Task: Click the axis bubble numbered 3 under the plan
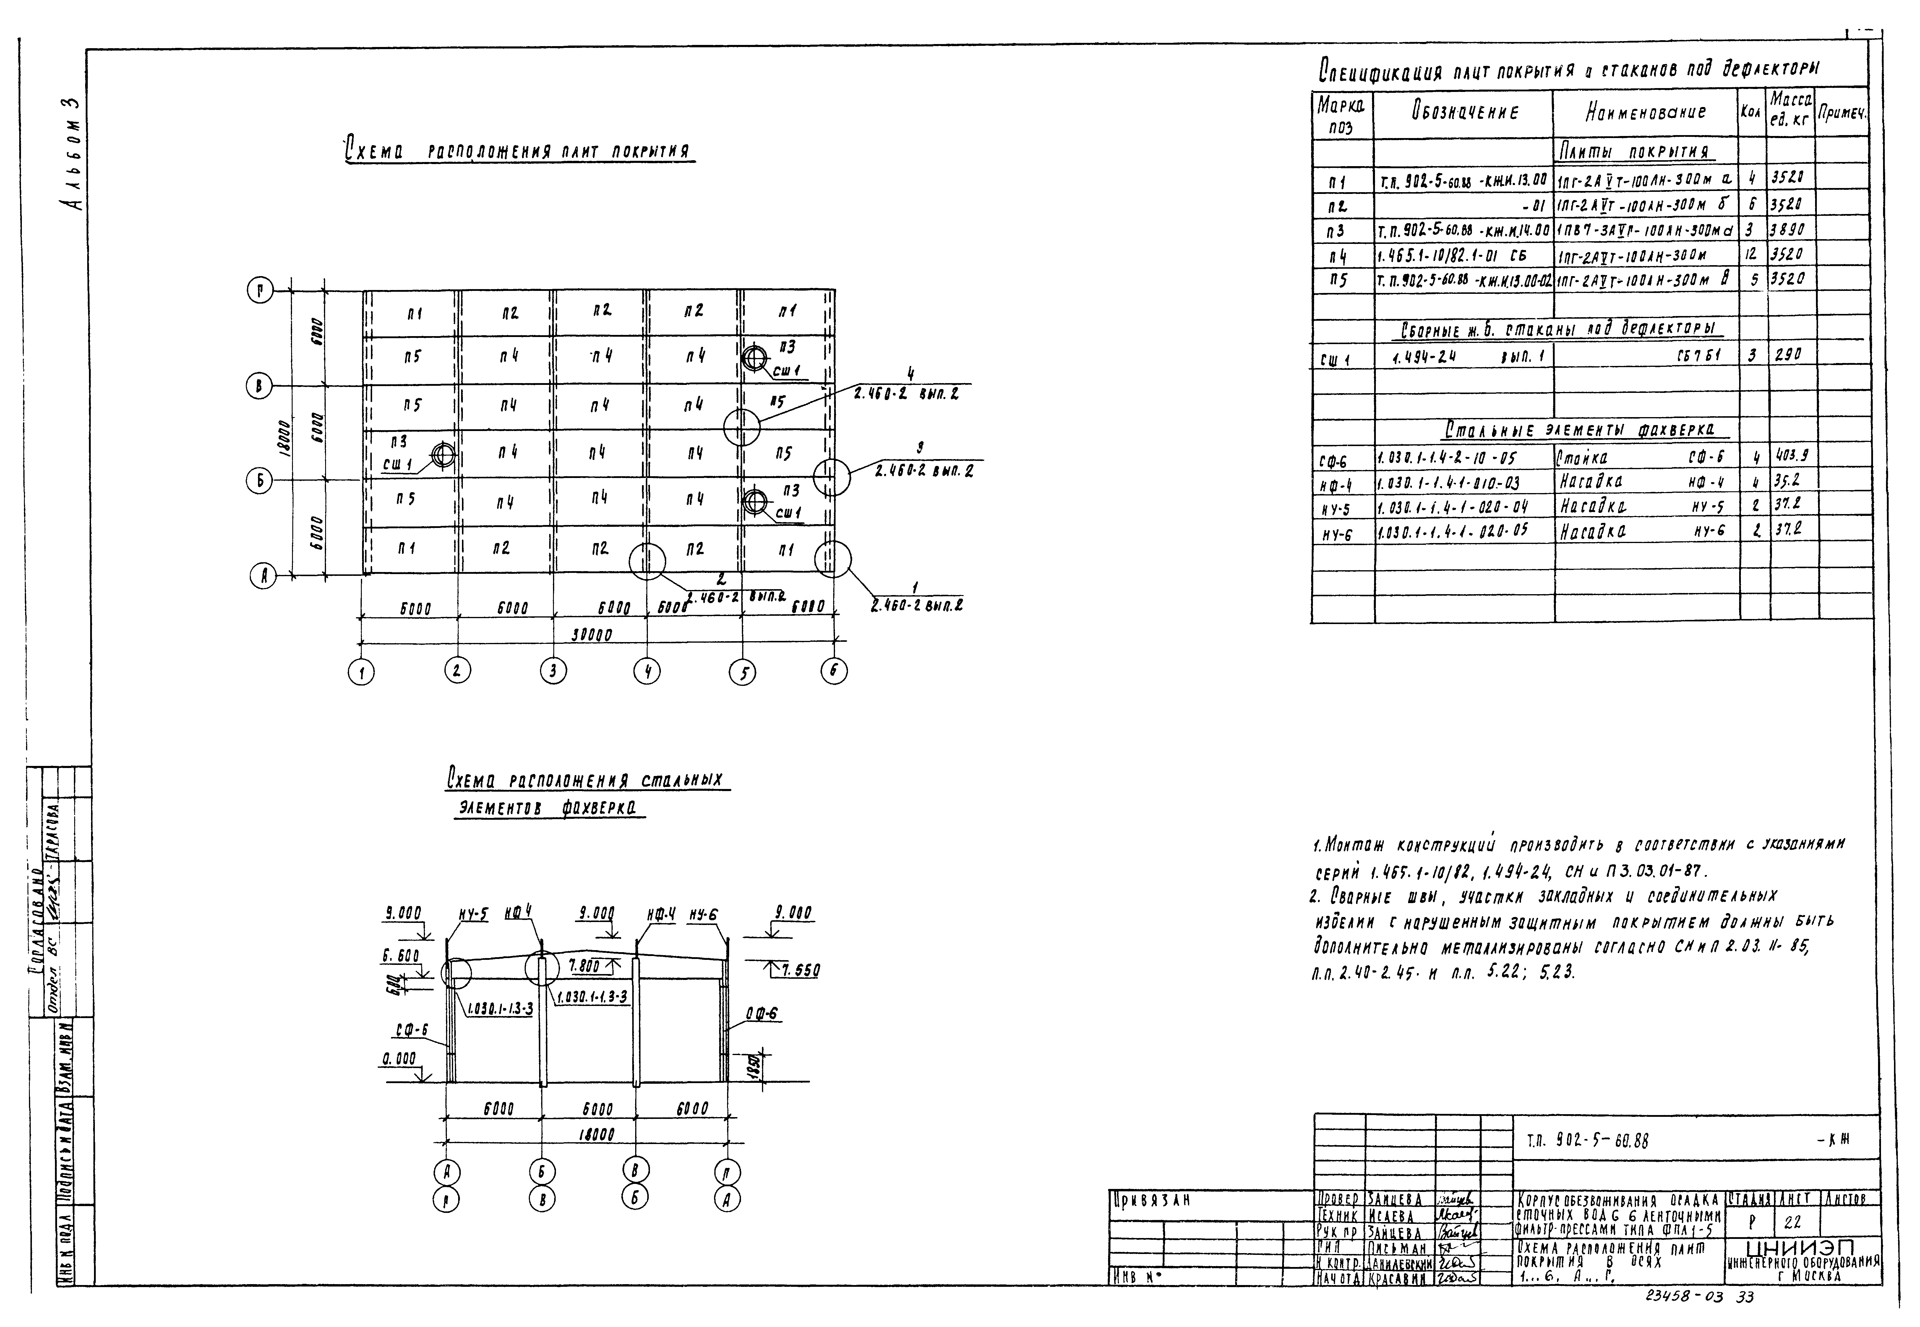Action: [x=553, y=671]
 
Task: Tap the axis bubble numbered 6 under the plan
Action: [x=834, y=671]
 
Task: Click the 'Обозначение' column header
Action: [x=1464, y=112]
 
